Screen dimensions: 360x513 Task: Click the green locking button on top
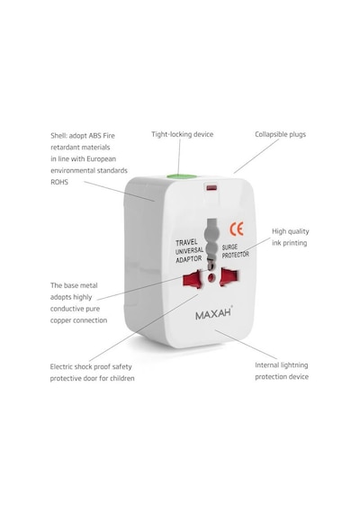pyautogui.click(x=182, y=176)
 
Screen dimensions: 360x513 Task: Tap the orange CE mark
pyautogui.click(x=237, y=229)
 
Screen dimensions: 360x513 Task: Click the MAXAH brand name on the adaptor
pyautogui.click(x=213, y=314)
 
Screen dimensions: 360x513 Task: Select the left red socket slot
pyautogui.click(x=193, y=279)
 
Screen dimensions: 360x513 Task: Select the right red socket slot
pyautogui.click(x=229, y=277)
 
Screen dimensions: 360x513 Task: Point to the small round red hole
pyautogui.click(x=211, y=278)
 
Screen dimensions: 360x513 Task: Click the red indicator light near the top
pyautogui.click(x=211, y=188)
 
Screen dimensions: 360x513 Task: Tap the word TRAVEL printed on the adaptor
pyautogui.click(x=186, y=242)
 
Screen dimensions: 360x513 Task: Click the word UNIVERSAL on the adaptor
pyautogui.click(x=189, y=251)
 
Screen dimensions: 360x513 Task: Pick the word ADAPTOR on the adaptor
pyautogui.click(x=189, y=259)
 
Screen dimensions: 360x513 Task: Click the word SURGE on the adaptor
pyautogui.click(x=229, y=247)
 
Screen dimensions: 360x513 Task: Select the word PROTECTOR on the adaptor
pyautogui.click(x=235, y=255)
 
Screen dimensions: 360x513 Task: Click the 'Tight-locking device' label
pyautogui.click(x=183, y=134)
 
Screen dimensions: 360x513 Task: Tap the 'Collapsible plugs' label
pyautogui.click(x=281, y=134)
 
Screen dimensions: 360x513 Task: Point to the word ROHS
pyautogui.click(x=59, y=182)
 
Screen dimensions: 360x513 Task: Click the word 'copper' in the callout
pyautogui.click(x=60, y=320)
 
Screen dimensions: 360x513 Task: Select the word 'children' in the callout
pyautogui.click(x=122, y=378)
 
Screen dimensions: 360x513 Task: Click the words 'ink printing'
pyautogui.click(x=289, y=243)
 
